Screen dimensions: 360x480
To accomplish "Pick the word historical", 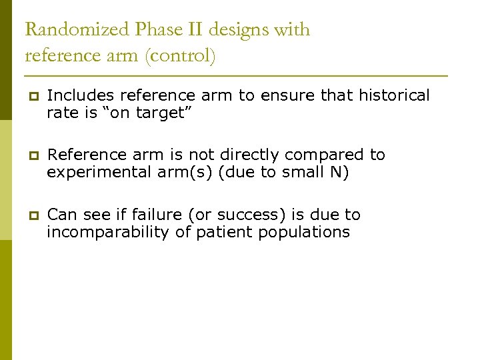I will click(394, 96).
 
